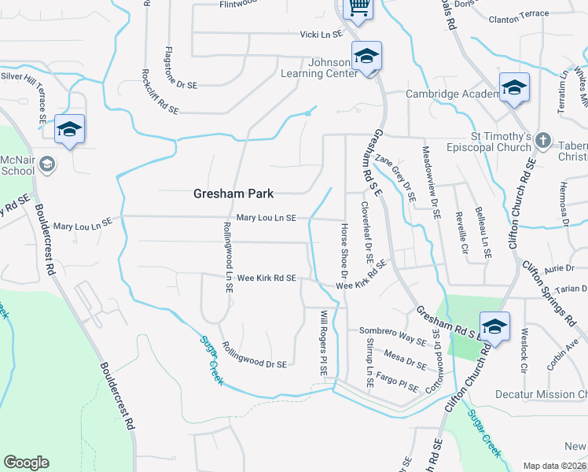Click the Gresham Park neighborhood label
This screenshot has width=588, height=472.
click(233, 194)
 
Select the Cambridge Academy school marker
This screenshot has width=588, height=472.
click(513, 89)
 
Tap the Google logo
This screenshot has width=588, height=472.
click(26, 463)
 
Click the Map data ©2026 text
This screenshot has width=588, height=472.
click(555, 466)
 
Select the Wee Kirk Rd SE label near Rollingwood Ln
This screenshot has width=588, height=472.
click(266, 278)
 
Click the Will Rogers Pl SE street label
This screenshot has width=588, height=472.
click(323, 342)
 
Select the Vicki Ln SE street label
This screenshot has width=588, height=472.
click(322, 35)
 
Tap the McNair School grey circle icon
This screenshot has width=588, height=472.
click(46, 164)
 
